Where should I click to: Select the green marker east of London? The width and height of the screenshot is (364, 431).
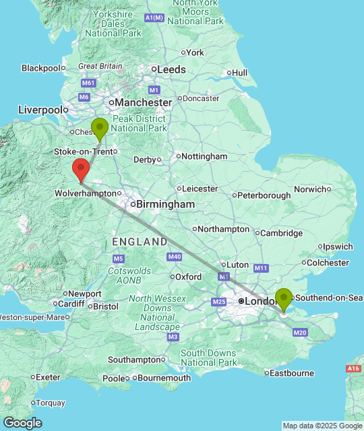[x=284, y=298]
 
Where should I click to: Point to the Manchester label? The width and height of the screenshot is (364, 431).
[x=143, y=102]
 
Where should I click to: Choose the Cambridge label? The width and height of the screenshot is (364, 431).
[x=282, y=233]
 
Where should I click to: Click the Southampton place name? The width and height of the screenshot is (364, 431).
[x=134, y=360]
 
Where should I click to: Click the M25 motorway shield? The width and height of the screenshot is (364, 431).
[x=218, y=301]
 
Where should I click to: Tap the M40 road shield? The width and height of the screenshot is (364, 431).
[x=175, y=257]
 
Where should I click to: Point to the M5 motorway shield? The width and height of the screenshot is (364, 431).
[x=119, y=259]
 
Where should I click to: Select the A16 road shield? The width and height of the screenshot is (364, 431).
[x=353, y=368]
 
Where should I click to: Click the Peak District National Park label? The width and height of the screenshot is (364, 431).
[x=139, y=123]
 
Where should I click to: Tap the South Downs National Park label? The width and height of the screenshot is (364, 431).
[x=208, y=358]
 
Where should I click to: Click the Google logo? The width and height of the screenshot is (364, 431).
[x=22, y=422]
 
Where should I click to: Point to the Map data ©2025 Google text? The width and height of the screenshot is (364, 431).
[x=322, y=426]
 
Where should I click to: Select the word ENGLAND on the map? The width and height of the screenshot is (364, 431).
[x=140, y=241]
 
